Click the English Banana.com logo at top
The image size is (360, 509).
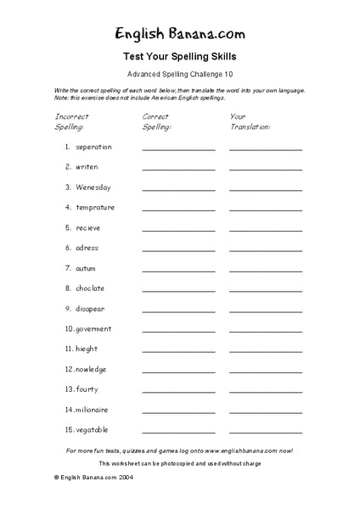179,34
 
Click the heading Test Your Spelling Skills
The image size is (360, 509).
179,57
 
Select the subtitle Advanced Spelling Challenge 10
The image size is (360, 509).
179,75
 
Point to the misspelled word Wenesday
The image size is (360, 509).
93,187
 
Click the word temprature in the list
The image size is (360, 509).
95,207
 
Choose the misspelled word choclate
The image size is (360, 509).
90,288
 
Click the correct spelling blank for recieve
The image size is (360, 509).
178,229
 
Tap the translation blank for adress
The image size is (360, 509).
265,249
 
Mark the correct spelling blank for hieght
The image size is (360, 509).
178,350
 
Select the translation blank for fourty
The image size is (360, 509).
265,390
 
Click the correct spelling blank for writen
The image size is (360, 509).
178,169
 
